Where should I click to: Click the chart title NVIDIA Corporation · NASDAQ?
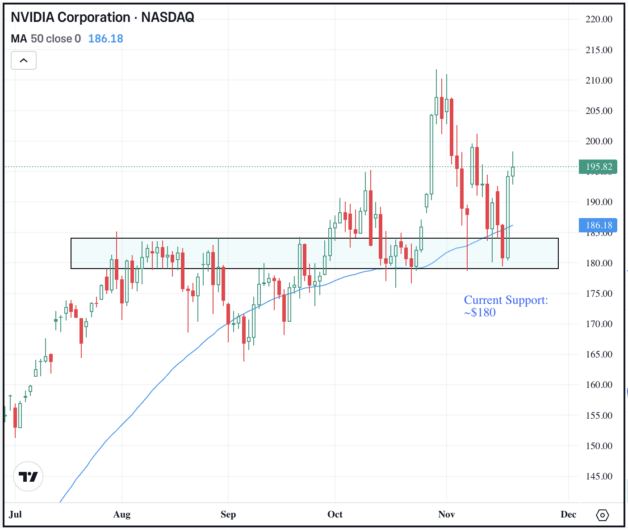coord(102,17)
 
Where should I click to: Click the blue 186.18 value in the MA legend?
coord(105,39)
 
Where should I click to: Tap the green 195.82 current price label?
coord(598,167)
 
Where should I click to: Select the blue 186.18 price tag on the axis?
coord(598,225)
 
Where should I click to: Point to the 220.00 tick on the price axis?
coord(599,19)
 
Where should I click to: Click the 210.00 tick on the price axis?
coord(599,80)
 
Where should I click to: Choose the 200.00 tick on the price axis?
coord(599,141)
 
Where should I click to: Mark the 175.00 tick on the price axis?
coord(599,294)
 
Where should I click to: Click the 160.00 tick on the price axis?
coord(599,385)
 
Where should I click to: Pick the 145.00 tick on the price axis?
coord(599,476)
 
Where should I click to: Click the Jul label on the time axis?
coord(15,514)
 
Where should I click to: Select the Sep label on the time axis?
coord(228,514)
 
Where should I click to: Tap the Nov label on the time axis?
coord(446,514)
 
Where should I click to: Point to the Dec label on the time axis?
coord(568,514)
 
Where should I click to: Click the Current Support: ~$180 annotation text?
coord(506,306)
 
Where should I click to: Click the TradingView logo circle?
coord(28,476)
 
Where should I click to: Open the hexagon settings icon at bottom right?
coord(602,515)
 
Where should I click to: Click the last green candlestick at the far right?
coord(513,171)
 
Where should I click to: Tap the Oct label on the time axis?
coord(335,514)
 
